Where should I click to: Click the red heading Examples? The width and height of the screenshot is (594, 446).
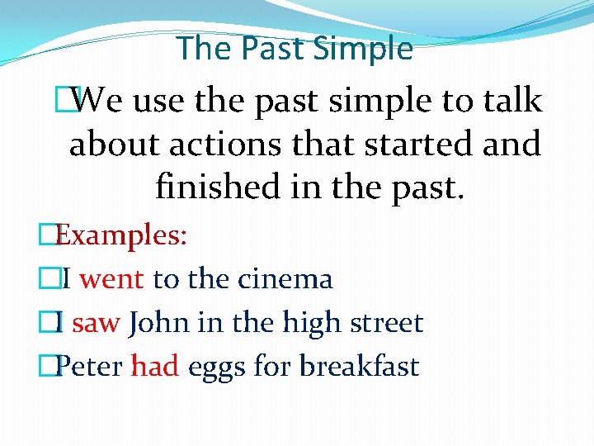point(122,235)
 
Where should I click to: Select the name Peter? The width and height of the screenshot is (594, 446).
point(89,365)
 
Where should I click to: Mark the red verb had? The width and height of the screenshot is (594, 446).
point(155,365)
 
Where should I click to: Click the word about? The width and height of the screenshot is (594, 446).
point(105,145)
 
